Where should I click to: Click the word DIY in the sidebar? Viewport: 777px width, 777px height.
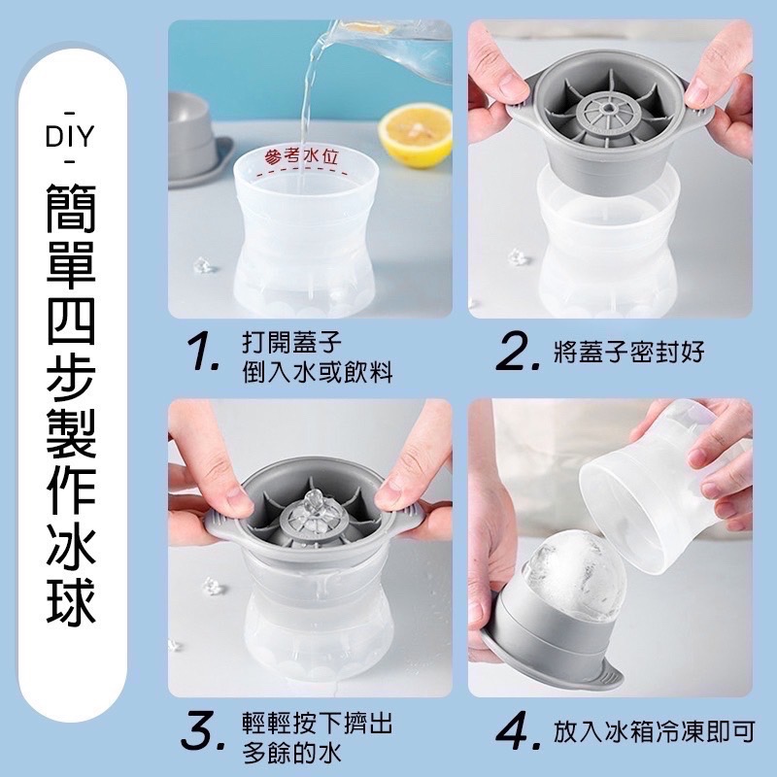pyautogui.click(x=69, y=137)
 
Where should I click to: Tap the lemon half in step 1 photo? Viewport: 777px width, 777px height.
pyautogui.click(x=416, y=135)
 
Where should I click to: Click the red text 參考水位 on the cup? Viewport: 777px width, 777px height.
pyautogui.click(x=302, y=157)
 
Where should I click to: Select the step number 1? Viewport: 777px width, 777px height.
pyautogui.click(x=203, y=354)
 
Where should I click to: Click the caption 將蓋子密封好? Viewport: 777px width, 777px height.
pyautogui.click(x=628, y=353)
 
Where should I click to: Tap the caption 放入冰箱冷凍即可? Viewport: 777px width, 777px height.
pyautogui.click(x=654, y=731)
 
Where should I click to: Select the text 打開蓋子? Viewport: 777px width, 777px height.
pyautogui.click(x=292, y=342)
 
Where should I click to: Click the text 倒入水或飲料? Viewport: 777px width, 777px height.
pyautogui.click(x=318, y=372)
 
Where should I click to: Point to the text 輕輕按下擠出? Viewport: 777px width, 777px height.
pyautogui.click(x=318, y=723)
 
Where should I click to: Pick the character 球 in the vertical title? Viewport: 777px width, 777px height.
pyautogui.click(x=71, y=599)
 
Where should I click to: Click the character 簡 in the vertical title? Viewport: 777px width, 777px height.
pyautogui.click(x=71, y=208)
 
